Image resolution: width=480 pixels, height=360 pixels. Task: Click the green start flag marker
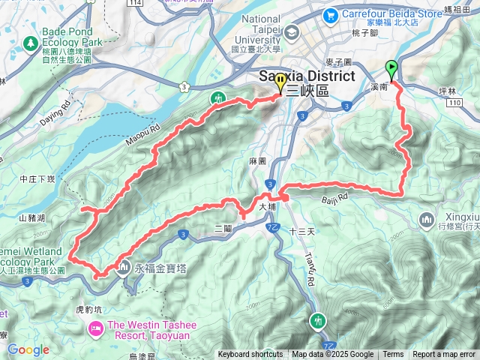(x=391, y=69)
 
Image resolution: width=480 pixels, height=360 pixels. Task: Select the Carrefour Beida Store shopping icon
(x=331, y=14)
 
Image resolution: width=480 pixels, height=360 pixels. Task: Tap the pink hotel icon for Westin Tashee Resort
(x=95, y=328)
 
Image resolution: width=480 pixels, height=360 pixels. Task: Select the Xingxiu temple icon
(x=427, y=220)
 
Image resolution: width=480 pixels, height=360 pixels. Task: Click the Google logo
(x=28, y=349)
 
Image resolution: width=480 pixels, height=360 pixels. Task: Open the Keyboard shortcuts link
(x=250, y=355)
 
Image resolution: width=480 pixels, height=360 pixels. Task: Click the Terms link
(x=393, y=355)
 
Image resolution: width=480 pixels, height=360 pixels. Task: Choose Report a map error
(x=444, y=355)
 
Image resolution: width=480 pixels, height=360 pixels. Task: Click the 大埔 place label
(x=268, y=205)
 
